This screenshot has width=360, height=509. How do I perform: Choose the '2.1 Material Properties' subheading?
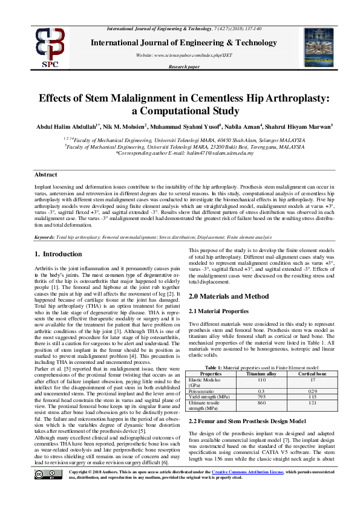pos(219,311)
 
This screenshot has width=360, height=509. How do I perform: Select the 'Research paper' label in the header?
pos(183,66)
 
